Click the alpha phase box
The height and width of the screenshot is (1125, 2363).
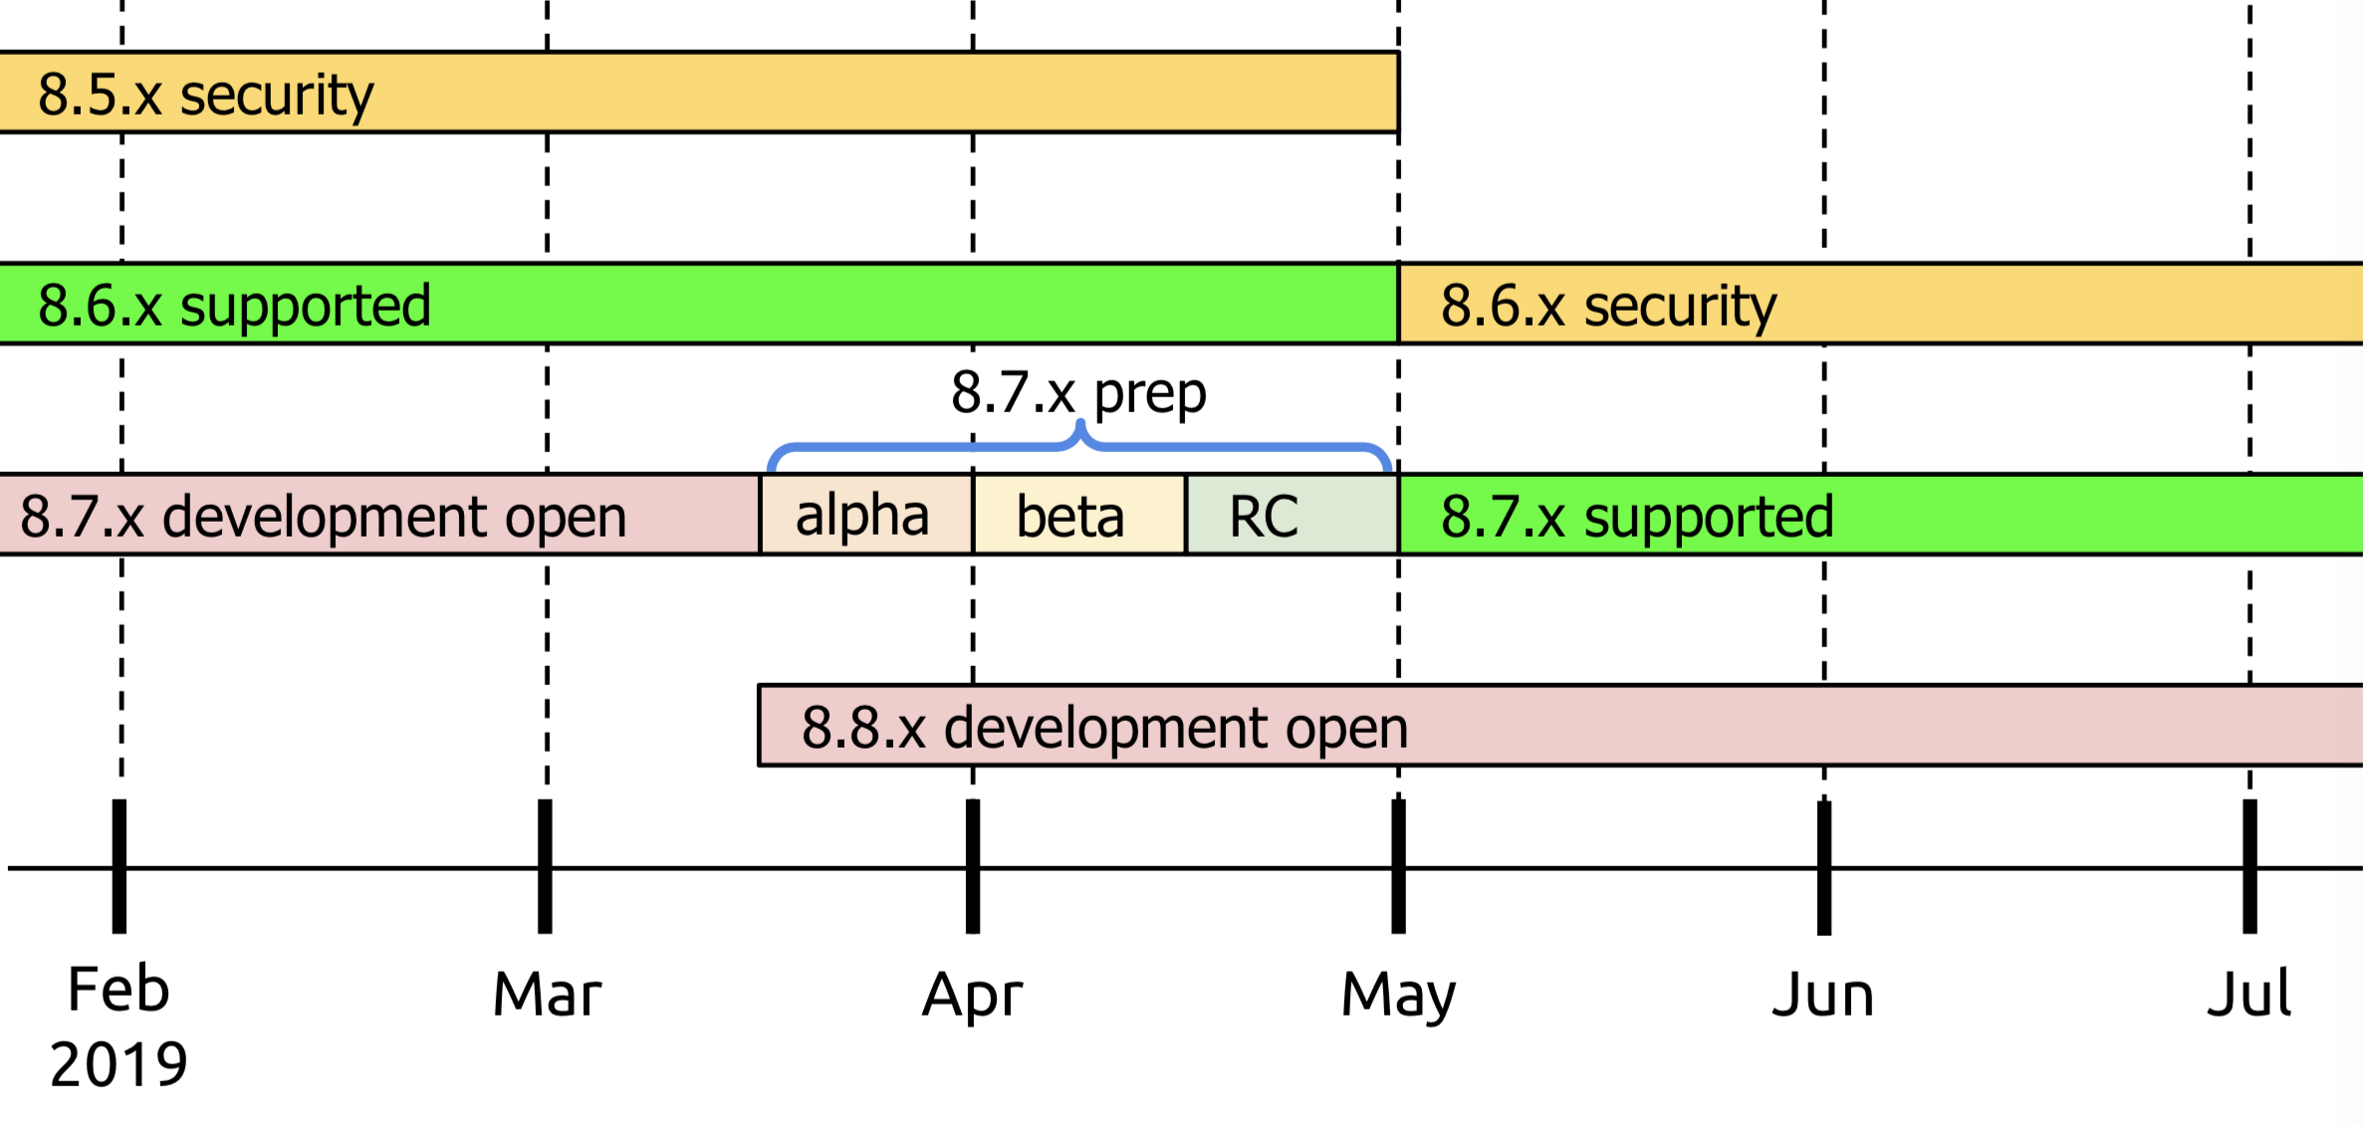[865, 515]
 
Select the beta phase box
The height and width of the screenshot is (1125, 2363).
[1078, 515]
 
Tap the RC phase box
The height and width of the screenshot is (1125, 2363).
[1291, 515]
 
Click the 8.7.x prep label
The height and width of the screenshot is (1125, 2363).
[1078, 392]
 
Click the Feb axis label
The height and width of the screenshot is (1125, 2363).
[118, 990]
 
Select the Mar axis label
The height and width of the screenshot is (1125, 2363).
[547, 994]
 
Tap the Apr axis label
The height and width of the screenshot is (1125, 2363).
[972, 995]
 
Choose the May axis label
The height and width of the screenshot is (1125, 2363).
[1398, 995]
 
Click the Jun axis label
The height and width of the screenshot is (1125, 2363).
[1823, 995]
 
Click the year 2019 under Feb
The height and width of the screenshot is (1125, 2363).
[118, 1064]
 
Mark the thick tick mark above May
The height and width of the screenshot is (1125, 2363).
[1398, 866]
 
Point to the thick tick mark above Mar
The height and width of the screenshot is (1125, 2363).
[545, 866]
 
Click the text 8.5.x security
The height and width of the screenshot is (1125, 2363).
[205, 95]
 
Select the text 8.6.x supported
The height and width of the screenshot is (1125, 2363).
[234, 305]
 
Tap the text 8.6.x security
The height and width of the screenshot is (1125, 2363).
[1608, 305]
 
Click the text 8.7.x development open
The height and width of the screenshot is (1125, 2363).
[324, 516]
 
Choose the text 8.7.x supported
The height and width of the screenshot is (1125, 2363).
[1637, 516]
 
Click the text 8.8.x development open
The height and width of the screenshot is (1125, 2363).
[1104, 727]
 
